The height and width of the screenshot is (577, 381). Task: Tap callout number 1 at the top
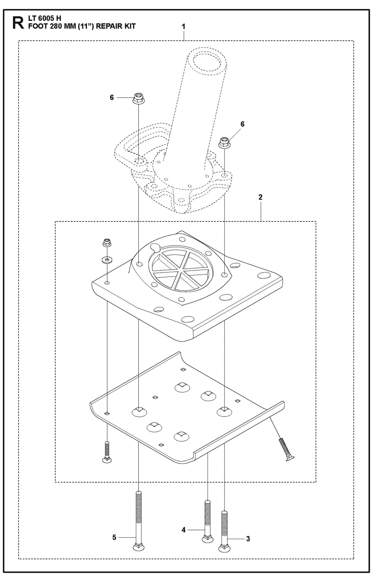(184, 27)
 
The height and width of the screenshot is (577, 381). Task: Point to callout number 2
(260, 197)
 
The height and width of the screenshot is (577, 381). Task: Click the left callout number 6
(112, 98)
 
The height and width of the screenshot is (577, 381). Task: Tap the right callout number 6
(242, 124)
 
